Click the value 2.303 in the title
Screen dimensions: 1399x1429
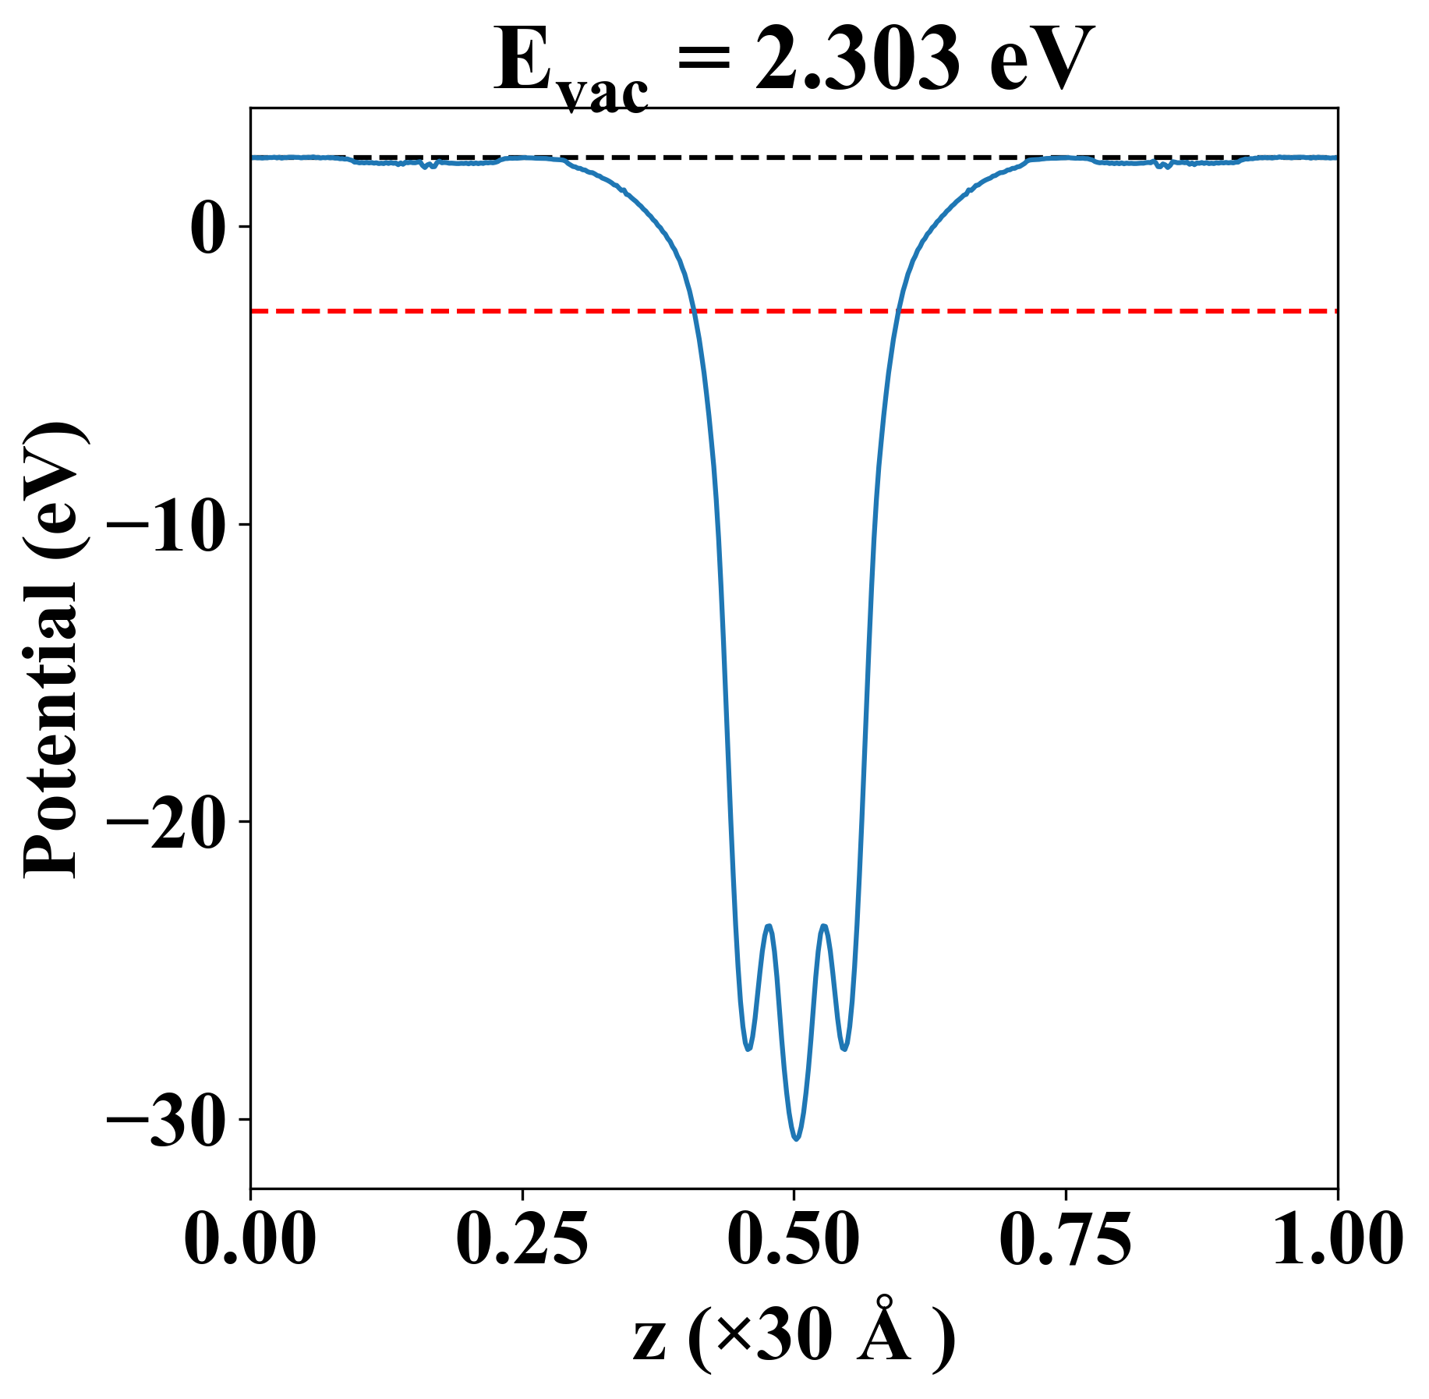(x=858, y=61)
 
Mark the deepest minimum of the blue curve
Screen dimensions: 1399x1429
(x=796, y=1139)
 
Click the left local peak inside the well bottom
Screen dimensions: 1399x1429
(x=769, y=926)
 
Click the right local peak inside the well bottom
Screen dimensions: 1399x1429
(x=823, y=926)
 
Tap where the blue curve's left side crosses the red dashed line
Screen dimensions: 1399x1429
(x=692, y=311)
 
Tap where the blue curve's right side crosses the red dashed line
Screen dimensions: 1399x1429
(x=898, y=311)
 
